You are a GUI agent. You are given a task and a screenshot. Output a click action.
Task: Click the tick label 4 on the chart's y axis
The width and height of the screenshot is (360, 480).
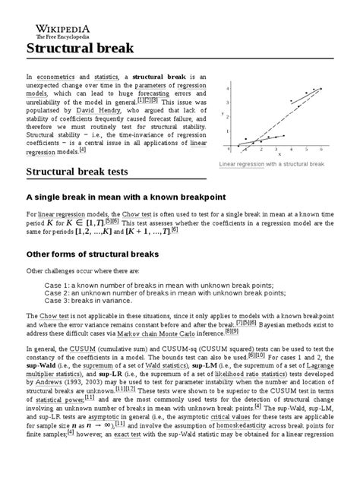tap(228, 88)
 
